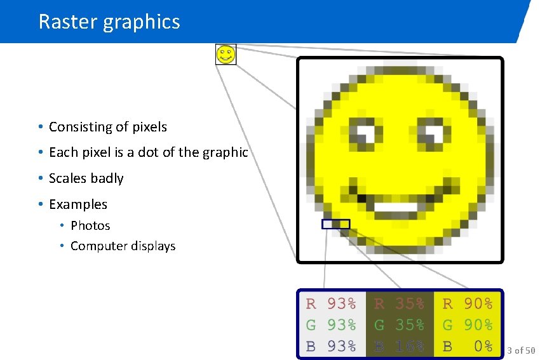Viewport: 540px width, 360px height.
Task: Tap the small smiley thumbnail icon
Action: (x=226, y=54)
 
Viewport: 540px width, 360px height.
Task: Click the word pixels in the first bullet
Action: (x=149, y=127)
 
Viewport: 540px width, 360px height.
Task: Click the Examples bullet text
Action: (x=78, y=204)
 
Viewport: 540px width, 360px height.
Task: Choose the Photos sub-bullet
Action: (x=90, y=225)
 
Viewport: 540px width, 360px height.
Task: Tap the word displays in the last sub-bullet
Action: (x=150, y=246)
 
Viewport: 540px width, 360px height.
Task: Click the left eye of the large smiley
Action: (x=367, y=134)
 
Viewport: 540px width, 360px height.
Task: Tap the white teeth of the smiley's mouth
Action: (x=396, y=206)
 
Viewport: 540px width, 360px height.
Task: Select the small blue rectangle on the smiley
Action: (x=335, y=224)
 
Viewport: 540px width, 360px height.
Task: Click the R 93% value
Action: (x=331, y=303)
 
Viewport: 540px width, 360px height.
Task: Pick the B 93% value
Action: (x=331, y=346)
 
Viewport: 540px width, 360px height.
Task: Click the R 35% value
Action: (x=399, y=303)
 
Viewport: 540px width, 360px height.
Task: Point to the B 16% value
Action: (x=399, y=346)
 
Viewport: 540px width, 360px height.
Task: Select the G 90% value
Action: (x=468, y=325)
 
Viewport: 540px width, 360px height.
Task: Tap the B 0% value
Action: (x=468, y=346)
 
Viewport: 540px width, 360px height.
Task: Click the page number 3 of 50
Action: (x=521, y=350)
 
